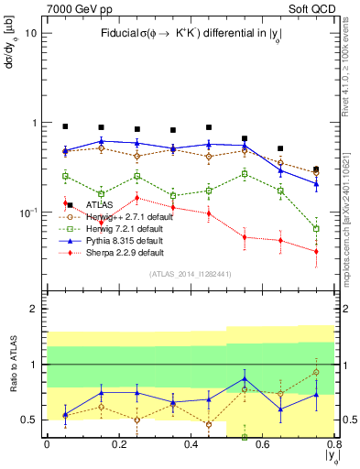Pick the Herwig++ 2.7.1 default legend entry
coord(125,216)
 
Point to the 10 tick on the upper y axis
coord(30,33)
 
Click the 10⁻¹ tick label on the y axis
coord(27,212)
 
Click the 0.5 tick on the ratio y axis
coord(29,420)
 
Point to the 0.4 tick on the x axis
coord(191,445)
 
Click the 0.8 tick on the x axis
coord(335,445)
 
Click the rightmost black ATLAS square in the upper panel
coord(316,169)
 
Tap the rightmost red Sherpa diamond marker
coord(316,251)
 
